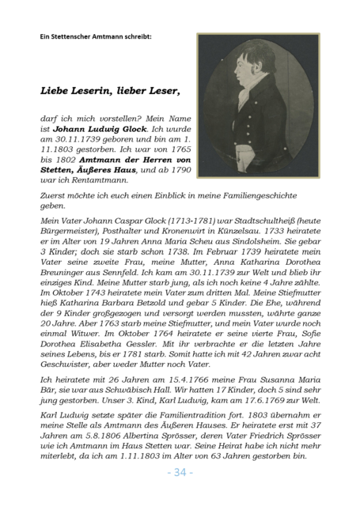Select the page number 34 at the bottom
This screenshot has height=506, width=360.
pyautogui.click(x=179, y=473)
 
